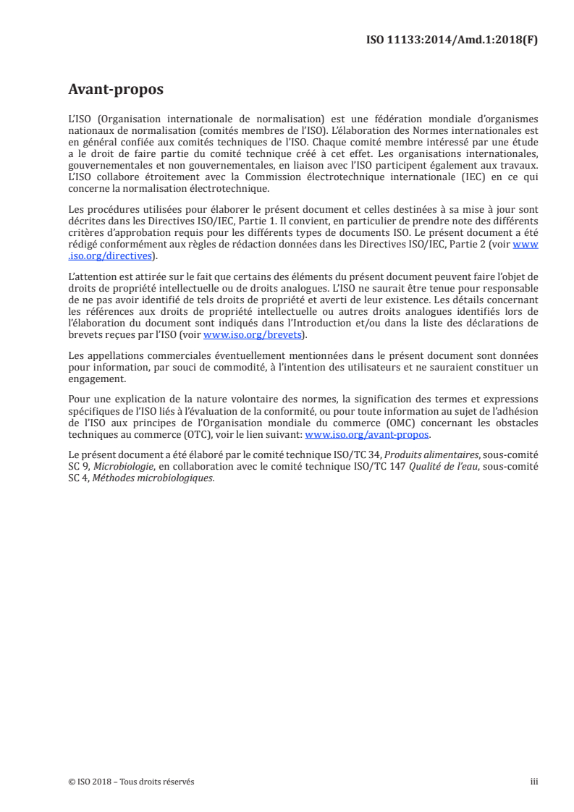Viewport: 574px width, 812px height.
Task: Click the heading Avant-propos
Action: click(115, 90)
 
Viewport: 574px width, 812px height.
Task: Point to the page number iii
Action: click(534, 782)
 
